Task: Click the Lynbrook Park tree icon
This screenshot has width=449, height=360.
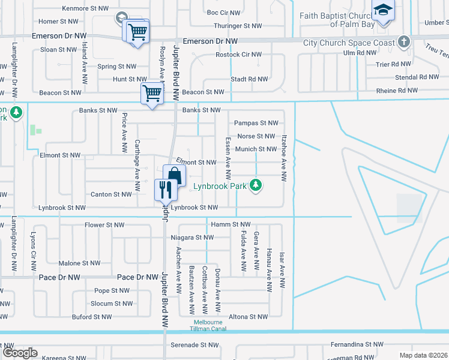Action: click(x=256, y=185)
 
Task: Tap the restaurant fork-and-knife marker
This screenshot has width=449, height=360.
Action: click(x=164, y=190)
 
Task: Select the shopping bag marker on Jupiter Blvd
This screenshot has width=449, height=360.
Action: click(x=174, y=176)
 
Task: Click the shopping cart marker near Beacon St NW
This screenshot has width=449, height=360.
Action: click(x=151, y=94)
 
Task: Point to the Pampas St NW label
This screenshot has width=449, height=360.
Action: click(x=256, y=123)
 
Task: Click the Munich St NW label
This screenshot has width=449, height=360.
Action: click(x=256, y=149)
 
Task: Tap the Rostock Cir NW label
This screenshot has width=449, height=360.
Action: click(x=238, y=55)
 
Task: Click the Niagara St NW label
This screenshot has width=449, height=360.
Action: click(x=192, y=238)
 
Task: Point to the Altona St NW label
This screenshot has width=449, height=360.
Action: click(x=248, y=317)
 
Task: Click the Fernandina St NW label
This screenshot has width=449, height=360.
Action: click(x=357, y=345)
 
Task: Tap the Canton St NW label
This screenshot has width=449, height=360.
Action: click(x=111, y=194)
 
